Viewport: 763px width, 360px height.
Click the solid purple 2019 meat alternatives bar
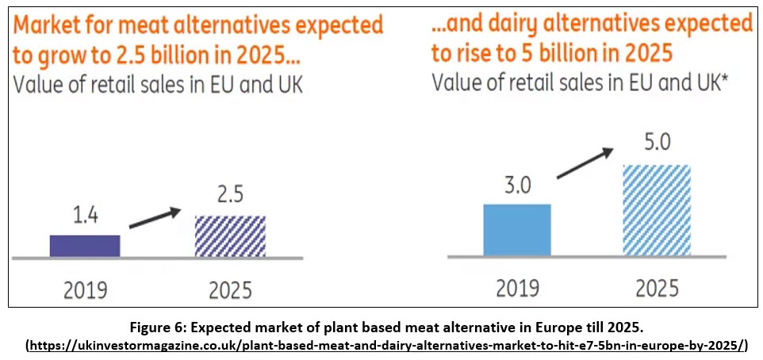pyautogui.click(x=85, y=246)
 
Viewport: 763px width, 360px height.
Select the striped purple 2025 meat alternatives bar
pyautogui.click(x=230, y=236)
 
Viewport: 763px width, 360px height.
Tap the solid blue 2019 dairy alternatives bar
pyautogui.click(x=516, y=230)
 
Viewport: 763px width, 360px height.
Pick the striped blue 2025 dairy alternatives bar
pyautogui.click(x=657, y=210)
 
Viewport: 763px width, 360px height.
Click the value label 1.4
pyautogui.click(x=86, y=216)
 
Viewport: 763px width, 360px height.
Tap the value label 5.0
pyautogui.click(x=657, y=145)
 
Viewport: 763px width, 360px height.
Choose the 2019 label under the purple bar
pyautogui.click(x=86, y=289)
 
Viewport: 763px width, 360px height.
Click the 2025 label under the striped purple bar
pyautogui.click(x=230, y=289)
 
